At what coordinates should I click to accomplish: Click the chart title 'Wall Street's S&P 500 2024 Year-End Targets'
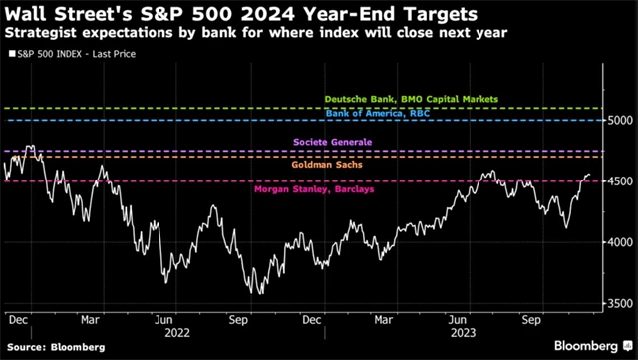(239, 14)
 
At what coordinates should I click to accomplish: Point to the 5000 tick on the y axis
(619, 120)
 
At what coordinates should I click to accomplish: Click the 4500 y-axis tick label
(619, 181)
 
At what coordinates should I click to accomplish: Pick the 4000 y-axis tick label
(619, 242)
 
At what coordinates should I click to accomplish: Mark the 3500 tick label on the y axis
(619, 303)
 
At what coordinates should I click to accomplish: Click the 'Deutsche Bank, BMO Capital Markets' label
(412, 100)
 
